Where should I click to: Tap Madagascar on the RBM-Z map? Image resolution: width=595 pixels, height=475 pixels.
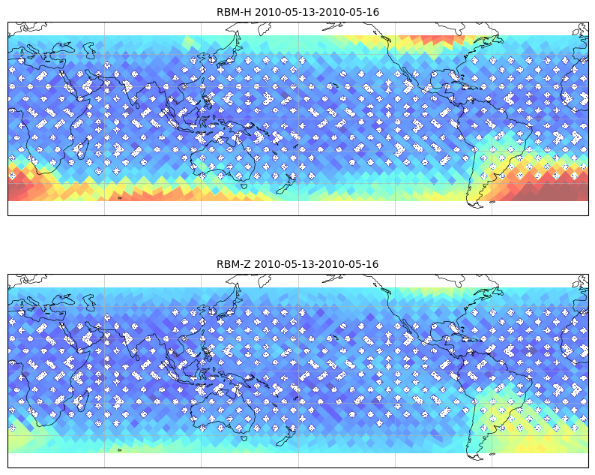point(82,400)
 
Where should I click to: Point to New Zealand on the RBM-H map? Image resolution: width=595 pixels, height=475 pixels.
point(286,185)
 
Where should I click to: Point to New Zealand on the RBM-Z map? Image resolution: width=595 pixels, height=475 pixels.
point(286,436)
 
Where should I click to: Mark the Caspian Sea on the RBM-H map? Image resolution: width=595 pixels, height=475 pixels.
point(90,50)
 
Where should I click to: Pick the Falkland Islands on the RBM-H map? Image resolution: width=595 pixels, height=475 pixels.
point(492,202)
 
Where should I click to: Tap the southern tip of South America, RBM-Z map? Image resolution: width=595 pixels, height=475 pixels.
point(476,457)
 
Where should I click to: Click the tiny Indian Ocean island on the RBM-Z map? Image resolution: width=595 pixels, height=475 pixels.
point(120,450)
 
